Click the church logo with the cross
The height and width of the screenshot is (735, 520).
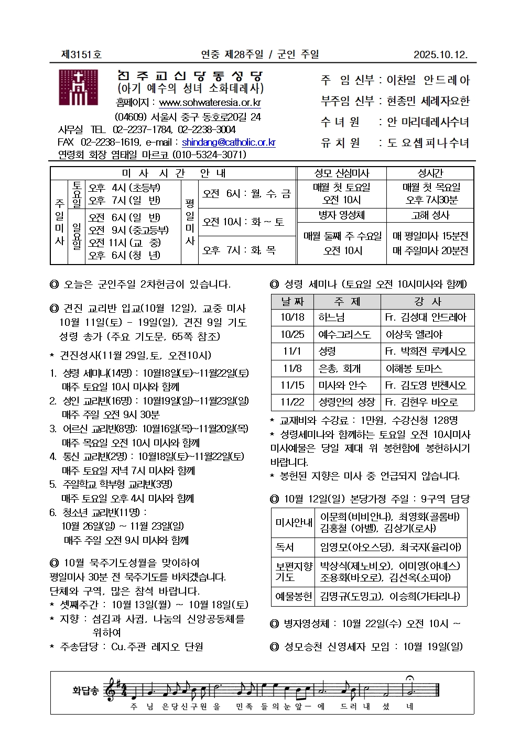[79, 88]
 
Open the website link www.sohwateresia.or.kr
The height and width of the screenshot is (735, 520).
[210, 103]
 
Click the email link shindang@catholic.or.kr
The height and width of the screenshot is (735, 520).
[229, 142]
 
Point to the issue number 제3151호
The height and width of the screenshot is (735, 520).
[81, 54]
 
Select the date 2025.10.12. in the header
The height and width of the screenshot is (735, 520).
[440, 54]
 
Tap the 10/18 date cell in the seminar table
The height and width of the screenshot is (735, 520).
[292, 317]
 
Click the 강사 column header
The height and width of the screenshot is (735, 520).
[427, 302]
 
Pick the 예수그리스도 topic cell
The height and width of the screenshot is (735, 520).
[344, 334]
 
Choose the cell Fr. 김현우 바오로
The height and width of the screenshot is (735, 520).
[421, 402]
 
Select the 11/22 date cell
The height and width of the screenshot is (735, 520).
[292, 402]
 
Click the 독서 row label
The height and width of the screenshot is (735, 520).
[285, 547]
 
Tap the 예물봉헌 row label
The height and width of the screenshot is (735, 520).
[294, 596]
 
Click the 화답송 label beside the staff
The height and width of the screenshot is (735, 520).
[85, 690]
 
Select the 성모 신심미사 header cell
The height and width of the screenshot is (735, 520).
[342, 173]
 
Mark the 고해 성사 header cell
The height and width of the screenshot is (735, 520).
[430, 215]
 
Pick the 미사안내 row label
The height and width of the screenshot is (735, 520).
[294, 522]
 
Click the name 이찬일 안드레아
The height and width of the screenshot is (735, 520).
[428, 80]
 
